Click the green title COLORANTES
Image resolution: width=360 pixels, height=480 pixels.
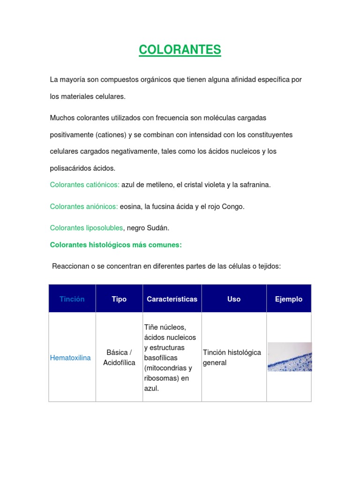(180, 50)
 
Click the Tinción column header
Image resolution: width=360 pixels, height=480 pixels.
(72, 299)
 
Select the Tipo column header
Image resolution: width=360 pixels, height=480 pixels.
(119, 299)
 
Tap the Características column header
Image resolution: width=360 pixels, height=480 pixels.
(172, 299)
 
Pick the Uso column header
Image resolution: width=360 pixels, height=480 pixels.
(234, 299)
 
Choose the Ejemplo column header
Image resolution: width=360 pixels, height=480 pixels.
(289, 299)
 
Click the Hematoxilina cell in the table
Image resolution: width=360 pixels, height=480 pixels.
(70, 358)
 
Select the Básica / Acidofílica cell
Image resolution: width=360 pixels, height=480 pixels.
(119, 357)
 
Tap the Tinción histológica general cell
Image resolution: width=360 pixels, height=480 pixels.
(232, 357)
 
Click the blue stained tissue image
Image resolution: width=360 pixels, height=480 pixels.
(289, 357)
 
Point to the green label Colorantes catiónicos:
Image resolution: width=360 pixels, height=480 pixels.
(85, 185)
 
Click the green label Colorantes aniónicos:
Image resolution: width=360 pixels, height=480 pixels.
(84, 206)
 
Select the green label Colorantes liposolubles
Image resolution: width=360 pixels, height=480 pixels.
(86, 228)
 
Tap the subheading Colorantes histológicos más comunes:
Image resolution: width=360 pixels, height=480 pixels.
(116, 245)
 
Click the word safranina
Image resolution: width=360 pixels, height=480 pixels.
(255, 185)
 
